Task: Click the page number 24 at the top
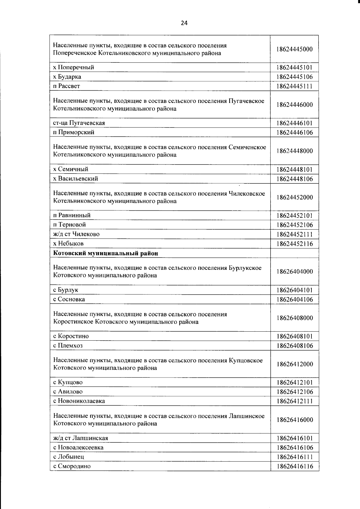[x=184, y=23]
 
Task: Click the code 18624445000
[x=295, y=49]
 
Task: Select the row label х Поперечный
[x=73, y=67]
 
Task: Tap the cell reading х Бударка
[x=67, y=77]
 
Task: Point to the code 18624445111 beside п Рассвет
[x=295, y=86]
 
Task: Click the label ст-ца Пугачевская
[x=79, y=123]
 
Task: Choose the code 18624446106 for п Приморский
[x=295, y=132]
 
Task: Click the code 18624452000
[x=295, y=197]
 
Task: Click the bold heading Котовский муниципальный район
[x=106, y=253]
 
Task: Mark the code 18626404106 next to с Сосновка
[x=295, y=300]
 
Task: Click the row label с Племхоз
[x=68, y=345]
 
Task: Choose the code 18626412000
[x=295, y=364]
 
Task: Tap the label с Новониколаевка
[x=79, y=401]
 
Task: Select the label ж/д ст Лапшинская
[x=81, y=438]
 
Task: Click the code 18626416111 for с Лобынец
[x=295, y=457]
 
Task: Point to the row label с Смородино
[x=72, y=466]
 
